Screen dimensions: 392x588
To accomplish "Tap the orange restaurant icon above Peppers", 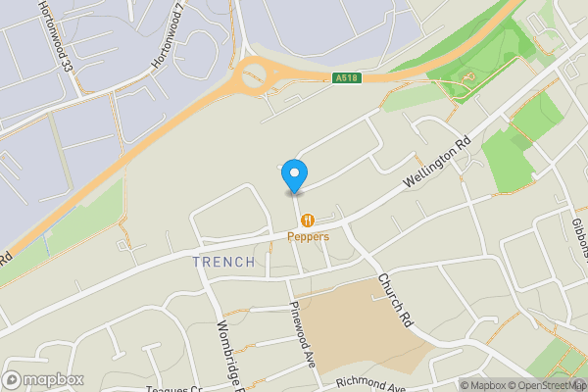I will point(308,220).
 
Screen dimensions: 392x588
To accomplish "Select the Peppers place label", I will point(308,236).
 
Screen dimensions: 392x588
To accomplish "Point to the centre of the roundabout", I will point(255,73).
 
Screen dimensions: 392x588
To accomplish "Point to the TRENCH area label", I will point(223,262).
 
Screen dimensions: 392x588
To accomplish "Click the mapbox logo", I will point(42,379).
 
